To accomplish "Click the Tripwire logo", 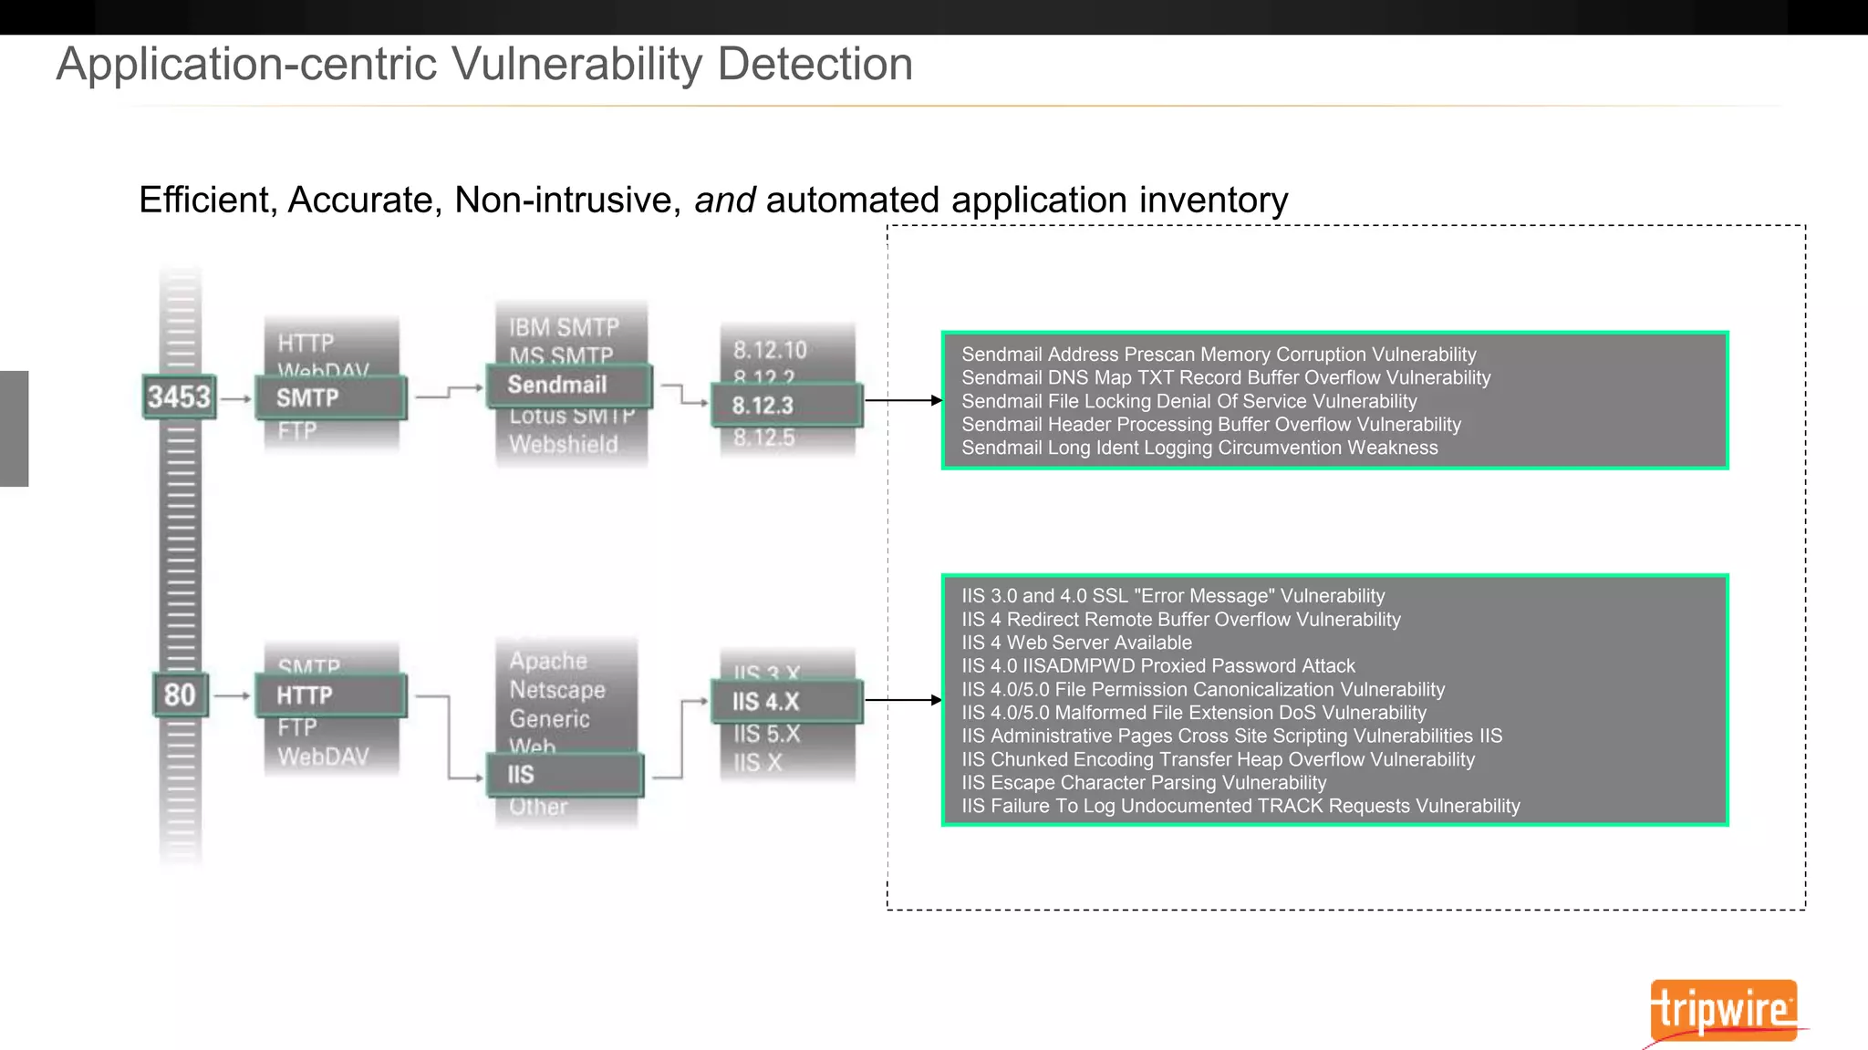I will coord(1723,1010).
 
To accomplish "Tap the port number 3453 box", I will coord(180,396).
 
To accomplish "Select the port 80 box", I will coord(180,695).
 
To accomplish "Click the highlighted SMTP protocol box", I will coord(330,398).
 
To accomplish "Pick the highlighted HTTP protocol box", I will coord(330,695).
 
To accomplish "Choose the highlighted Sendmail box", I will coord(568,385).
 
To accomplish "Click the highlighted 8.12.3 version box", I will coord(785,406).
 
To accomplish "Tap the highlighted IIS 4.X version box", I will coord(785,702).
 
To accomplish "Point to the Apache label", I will coord(548,661).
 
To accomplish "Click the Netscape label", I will coord(557,690).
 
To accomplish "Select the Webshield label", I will coord(564,445).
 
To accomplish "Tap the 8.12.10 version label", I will coord(770,350).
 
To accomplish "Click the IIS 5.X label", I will coord(766,734).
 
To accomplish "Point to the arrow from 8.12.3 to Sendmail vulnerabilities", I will coord(902,400).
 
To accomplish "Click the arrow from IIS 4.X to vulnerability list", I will coord(902,700).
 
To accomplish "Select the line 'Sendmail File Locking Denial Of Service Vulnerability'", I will coord(1188,401).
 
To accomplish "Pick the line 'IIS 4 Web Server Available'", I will coord(1076,643).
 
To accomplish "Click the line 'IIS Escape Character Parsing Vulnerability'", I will coord(1144,783).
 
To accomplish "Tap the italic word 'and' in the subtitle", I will coord(724,201).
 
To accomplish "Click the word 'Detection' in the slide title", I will coord(815,65).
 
